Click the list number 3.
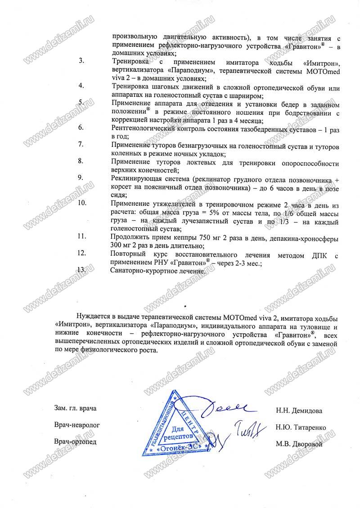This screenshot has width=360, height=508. pos(81,61)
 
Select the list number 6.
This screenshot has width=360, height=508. pos(81,127)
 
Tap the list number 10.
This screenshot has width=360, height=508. pos(82,203)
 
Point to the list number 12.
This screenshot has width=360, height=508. pos(82,254)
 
